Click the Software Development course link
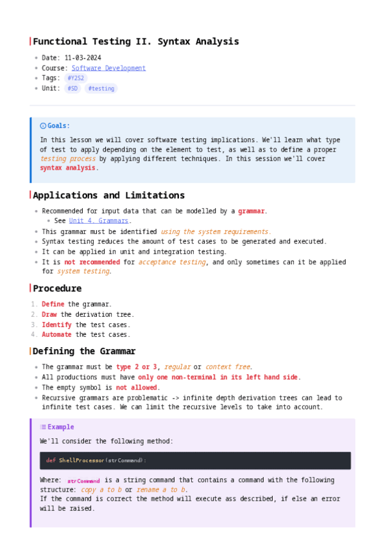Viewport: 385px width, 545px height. pyautogui.click(x=108, y=68)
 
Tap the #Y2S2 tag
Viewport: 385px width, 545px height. pyautogui.click(x=76, y=78)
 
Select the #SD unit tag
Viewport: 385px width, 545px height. pyautogui.click(x=72, y=89)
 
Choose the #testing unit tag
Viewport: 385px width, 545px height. pyautogui.click(x=101, y=89)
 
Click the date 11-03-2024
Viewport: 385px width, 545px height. pyautogui.click(x=83, y=58)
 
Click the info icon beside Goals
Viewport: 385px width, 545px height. pyautogui.click(x=43, y=126)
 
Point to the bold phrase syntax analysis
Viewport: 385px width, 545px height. pyautogui.click(x=68, y=168)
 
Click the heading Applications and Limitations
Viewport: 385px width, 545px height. pyautogui.click(x=108, y=195)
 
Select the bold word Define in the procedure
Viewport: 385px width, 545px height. pyautogui.click(x=53, y=304)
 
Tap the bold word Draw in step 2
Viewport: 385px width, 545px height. pyautogui.click(x=49, y=314)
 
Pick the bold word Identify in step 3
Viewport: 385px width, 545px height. pyautogui.click(x=56, y=325)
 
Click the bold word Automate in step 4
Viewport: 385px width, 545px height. pyautogui.click(x=56, y=335)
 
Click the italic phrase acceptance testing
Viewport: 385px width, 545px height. pyautogui.click(x=172, y=262)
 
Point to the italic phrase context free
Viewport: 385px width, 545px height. pyautogui.click(x=228, y=367)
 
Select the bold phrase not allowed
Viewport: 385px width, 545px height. pyautogui.click(x=137, y=388)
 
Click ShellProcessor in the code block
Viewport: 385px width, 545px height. pyautogui.click(x=81, y=460)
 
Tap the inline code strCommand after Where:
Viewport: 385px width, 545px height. pyautogui.click(x=83, y=481)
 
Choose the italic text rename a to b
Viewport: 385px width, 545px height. pyautogui.click(x=160, y=490)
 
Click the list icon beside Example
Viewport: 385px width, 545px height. pyautogui.click(x=43, y=427)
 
